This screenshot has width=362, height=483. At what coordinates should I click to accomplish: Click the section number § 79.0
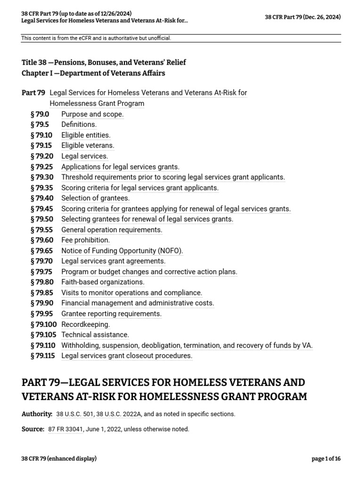(40, 114)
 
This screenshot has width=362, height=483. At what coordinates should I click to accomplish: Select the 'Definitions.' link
(79, 125)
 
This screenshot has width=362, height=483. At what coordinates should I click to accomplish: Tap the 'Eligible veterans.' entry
(88, 146)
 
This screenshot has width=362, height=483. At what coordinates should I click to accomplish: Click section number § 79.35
(41, 188)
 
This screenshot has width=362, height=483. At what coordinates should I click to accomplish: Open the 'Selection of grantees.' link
(95, 198)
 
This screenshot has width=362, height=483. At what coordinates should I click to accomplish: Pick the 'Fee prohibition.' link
(85, 240)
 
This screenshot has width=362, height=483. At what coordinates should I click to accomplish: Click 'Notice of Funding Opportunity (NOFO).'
(122, 250)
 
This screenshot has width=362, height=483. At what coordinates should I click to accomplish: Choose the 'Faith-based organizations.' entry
(103, 282)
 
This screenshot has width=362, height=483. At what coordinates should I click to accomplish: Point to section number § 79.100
(43, 324)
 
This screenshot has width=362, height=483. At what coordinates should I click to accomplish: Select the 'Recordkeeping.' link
(85, 324)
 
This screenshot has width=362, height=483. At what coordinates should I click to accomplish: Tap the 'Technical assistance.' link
(95, 335)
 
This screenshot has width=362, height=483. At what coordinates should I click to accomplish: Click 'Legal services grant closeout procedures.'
(127, 356)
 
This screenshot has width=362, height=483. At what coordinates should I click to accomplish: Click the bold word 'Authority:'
(37, 414)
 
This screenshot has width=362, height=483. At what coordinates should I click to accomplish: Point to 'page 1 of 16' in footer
(326, 459)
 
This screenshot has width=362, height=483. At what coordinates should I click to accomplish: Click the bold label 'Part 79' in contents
(33, 93)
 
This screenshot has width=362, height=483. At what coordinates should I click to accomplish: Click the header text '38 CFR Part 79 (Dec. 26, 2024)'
(303, 17)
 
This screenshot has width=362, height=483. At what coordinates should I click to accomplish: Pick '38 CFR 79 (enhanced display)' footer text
(59, 459)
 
